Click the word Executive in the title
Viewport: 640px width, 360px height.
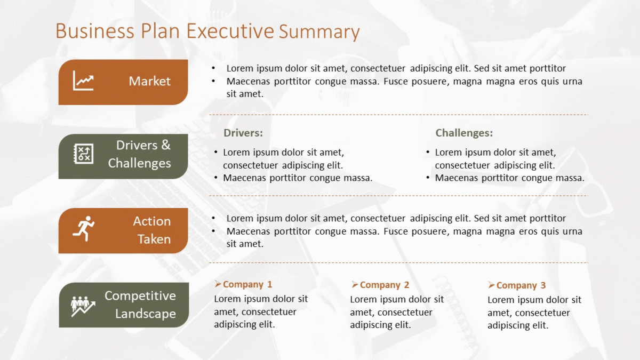pos(230,31)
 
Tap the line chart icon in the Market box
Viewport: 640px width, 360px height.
pos(83,81)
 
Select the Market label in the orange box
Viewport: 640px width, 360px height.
pos(149,81)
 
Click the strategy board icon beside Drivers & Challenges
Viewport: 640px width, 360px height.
pos(83,154)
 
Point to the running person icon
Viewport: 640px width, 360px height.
pos(83,229)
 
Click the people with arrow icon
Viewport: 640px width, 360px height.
pos(83,307)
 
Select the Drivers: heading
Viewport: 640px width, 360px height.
pos(243,133)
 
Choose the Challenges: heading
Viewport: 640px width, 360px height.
pos(464,133)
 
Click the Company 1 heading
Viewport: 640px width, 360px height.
pos(247,284)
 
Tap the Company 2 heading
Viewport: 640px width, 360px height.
pos(385,285)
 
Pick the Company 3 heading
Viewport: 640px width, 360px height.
pos(521,285)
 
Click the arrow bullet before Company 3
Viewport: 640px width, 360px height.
pos(491,285)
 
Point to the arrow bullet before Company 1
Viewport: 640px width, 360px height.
pos(218,284)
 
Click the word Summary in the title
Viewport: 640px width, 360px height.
pos(319,31)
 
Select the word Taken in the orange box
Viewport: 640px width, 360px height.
pos(154,239)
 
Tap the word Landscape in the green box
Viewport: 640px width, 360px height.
pos(146,314)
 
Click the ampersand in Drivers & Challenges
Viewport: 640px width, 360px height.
pos(166,145)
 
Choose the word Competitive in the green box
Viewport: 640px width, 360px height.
pos(140,295)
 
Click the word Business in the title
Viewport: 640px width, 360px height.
pos(94,31)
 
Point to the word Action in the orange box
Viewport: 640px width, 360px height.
pos(151,221)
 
